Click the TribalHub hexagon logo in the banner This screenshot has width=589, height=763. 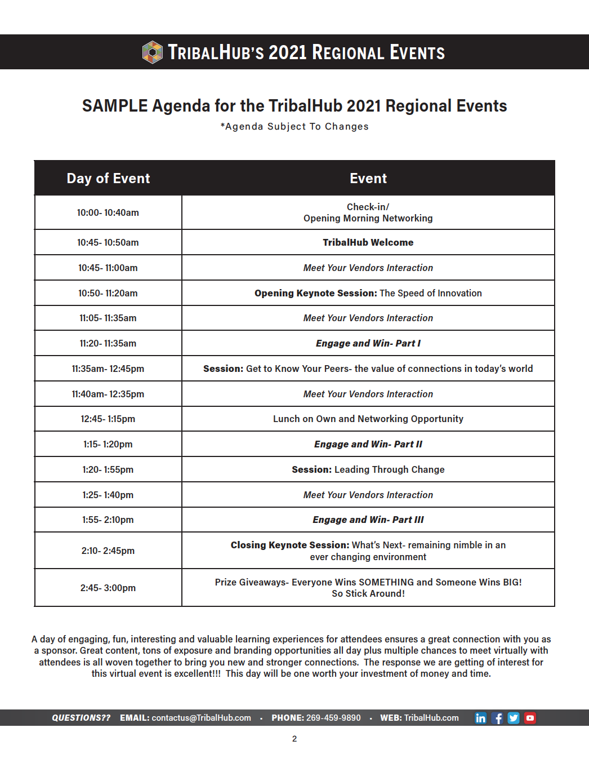[152, 52]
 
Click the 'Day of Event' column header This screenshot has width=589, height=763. [108, 179]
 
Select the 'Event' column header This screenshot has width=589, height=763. [368, 179]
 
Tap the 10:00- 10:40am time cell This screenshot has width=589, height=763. [108, 212]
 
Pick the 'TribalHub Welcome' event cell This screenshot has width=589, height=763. [368, 242]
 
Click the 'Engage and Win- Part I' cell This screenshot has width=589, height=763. [368, 343]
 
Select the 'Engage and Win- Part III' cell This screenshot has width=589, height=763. [368, 520]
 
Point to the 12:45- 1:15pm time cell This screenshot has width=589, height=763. [108, 419]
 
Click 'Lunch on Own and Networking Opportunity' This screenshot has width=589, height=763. [368, 419]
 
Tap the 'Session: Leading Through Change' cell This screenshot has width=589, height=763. [368, 469]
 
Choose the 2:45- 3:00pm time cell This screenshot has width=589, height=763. [108, 588]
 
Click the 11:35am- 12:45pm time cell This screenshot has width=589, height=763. [108, 369]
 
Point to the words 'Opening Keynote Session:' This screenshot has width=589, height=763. [315, 293]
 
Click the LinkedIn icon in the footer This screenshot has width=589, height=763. [480, 718]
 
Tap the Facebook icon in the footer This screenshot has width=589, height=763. [497, 718]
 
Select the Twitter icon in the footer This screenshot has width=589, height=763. [514, 718]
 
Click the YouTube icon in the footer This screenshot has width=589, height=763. [530, 718]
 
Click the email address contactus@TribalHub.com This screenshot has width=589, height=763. [201, 718]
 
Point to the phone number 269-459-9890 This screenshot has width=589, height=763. [333, 718]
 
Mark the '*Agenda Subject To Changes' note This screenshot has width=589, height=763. [294, 127]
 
